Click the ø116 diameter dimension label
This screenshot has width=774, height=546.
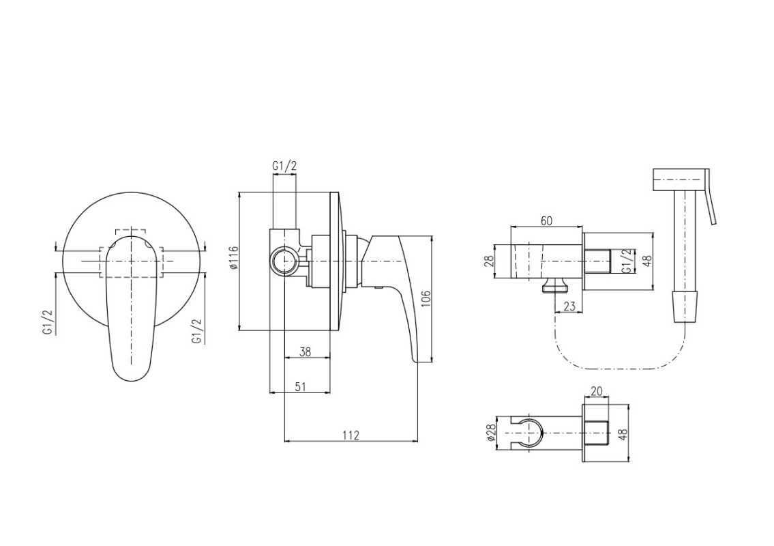(x=235, y=257)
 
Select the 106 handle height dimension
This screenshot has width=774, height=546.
(x=426, y=299)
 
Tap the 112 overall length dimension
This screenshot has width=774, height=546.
(x=351, y=435)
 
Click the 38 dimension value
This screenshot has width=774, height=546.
(x=306, y=351)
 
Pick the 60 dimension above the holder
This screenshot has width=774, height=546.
(x=546, y=220)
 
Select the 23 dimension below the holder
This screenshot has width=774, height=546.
(x=569, y=306)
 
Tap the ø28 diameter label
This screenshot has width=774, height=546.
(x=491, y=432)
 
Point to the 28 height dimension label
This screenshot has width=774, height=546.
(x=489, y=261)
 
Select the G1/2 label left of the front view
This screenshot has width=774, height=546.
(x=47, y=323)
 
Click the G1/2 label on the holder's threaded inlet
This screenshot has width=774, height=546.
(x=626, y=261)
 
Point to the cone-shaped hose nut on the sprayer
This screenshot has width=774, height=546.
(x=685, y=306)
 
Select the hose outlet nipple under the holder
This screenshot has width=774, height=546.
(x=555, y=284)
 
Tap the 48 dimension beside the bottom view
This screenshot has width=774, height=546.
(x=623, y=434)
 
